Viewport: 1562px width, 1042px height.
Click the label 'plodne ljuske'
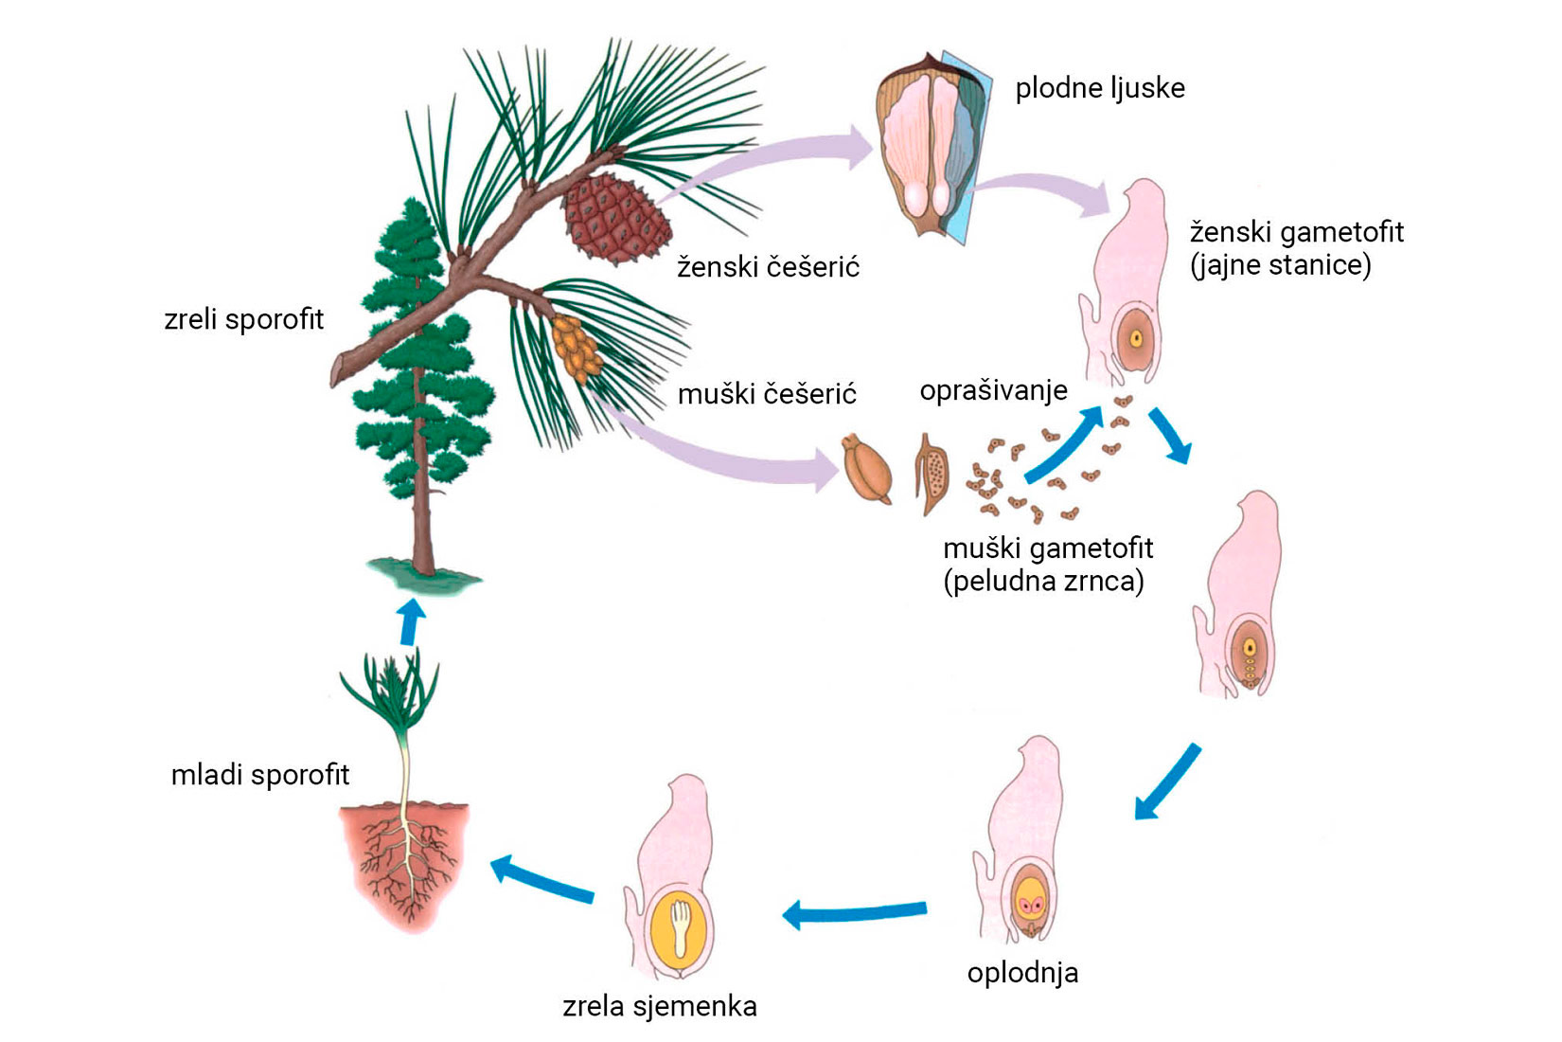[1099, 88]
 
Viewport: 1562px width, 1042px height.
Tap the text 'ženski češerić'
[768, 267]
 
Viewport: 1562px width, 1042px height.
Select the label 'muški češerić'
[767, 393]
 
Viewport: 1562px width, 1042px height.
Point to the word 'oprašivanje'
[993, 390]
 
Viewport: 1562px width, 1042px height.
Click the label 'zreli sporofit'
[243, 319]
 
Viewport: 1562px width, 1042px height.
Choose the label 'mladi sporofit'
[259, 775]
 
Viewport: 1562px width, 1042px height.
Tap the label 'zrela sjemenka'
[659, 1006]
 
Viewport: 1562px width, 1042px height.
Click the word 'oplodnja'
[1022, 973]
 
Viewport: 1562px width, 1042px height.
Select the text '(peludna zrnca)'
[1043, 581]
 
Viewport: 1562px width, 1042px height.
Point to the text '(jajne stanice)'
[1280, 265]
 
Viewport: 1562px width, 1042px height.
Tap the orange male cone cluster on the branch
[576, 348]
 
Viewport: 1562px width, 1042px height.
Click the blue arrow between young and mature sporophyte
[410, 621]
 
